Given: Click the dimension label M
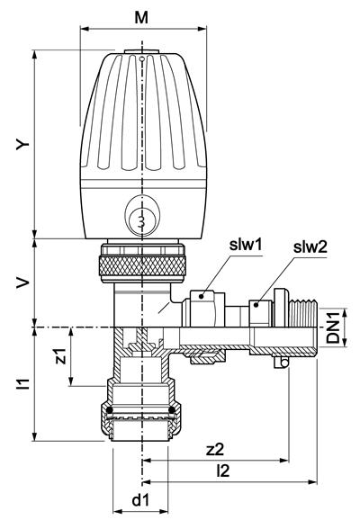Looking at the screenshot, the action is coord(141,18).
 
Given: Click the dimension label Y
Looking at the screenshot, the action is coord(23,145).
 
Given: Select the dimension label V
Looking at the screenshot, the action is coord(23,283).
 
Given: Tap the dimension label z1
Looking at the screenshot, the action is coord(61,356).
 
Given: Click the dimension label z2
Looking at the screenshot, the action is coord(215,450).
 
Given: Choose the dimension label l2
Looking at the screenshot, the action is coord(222,471).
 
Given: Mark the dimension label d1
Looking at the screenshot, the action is coord(140,500).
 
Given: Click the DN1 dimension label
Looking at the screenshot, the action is coord(334,327).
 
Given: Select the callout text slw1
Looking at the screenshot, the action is coord(246,245).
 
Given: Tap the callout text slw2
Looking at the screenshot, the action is coord(310,248).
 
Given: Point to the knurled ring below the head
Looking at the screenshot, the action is coord(142,266).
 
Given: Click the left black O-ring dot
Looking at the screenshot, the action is coord(109,410).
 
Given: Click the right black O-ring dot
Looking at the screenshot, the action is coord(172,410).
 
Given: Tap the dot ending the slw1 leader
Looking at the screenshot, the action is coord(202,297).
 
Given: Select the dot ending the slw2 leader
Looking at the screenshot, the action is coord(256,305).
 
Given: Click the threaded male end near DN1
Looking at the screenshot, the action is coord(302,313).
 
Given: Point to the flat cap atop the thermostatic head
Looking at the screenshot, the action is coord(141,51).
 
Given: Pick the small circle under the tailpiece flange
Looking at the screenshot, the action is coord(284,363).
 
